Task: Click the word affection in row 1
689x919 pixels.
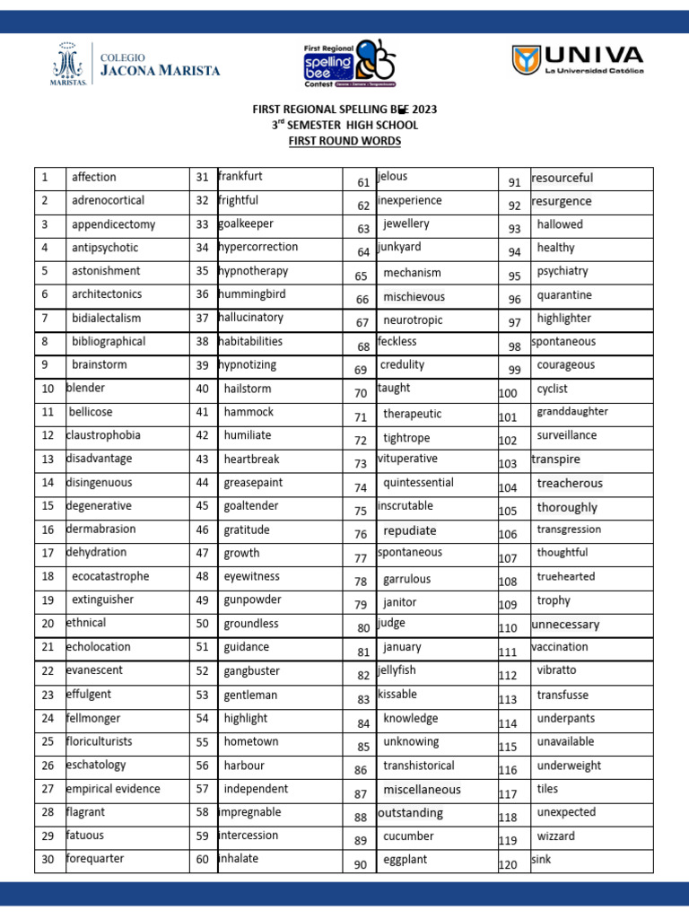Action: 93,178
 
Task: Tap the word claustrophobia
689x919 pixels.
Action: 103,435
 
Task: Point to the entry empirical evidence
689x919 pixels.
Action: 113,789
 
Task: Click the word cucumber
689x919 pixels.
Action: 408,836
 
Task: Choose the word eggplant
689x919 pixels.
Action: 405,860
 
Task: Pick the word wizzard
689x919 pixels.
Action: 556,836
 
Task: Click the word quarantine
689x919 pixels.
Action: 564,295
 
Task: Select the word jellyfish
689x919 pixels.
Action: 397,670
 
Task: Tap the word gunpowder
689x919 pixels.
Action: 252,600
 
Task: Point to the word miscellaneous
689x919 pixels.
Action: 422,790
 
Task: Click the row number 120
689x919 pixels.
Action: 508,865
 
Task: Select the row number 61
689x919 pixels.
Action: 363,183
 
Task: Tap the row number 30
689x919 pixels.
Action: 48,860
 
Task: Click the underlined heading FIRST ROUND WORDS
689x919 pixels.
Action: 344,141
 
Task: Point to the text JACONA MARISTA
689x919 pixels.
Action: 159,71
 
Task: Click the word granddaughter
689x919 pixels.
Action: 572,412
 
